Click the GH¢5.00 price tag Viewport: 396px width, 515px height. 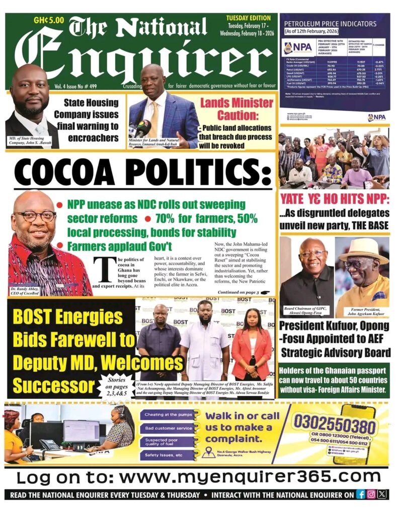click(49, 21)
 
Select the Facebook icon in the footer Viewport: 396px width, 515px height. click(360, 494)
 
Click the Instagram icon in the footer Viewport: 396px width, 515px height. click(371, 494)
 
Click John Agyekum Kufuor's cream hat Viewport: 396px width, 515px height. click(361, 248)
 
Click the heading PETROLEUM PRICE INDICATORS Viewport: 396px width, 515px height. click(330, 24)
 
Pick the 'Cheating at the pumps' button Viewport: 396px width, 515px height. click(167, 415)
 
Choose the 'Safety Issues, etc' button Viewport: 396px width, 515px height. click(167, 455)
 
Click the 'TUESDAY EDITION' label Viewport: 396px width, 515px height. click(248, 18)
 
